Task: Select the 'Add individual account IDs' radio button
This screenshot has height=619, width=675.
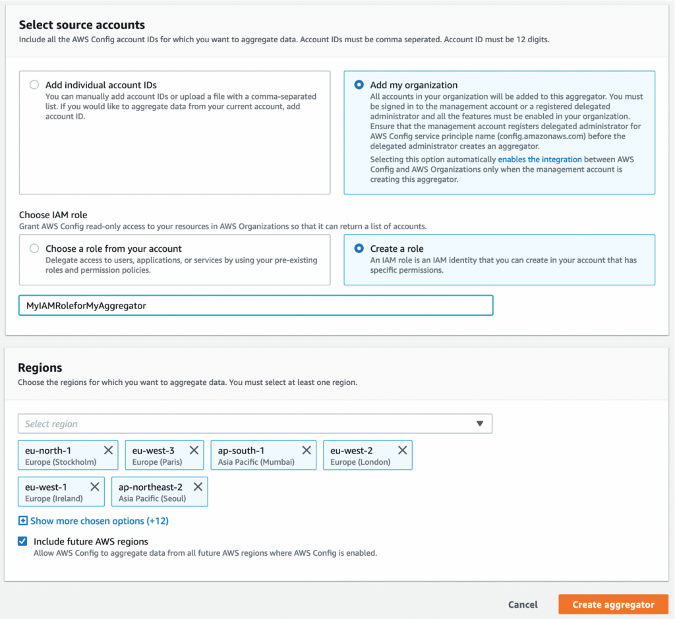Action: coord(34,85)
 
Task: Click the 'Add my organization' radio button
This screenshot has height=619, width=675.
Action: coord(359,85)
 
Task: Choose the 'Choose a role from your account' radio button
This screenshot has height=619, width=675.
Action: coord(34,249)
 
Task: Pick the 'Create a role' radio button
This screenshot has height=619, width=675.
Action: coord(359,249)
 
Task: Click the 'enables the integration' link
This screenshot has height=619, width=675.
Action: coord(539,160)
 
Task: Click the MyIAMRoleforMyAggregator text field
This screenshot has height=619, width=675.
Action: coord(255,306)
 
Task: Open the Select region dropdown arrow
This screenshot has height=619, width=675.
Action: coord(480,424)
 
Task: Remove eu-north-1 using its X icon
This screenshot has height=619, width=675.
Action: coord(108,450)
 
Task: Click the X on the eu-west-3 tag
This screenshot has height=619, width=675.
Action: coord(194,450)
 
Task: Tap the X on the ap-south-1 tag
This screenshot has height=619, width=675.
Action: coord(307,450)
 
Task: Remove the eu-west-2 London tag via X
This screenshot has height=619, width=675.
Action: coord(402,450)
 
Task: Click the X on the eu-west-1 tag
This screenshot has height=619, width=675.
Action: coord(95,486)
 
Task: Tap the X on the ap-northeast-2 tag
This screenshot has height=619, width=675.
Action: coord(198,486)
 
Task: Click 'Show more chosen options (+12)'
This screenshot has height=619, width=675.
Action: coord(99,521)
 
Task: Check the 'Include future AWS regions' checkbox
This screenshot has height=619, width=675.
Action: coord(22,541)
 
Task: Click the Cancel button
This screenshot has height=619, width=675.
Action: coord(523,604)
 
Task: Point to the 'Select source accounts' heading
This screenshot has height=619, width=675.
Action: coord(82,25)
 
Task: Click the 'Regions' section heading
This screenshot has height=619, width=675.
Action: coord(40,368)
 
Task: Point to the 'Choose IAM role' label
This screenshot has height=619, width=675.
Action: coord(53,215)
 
